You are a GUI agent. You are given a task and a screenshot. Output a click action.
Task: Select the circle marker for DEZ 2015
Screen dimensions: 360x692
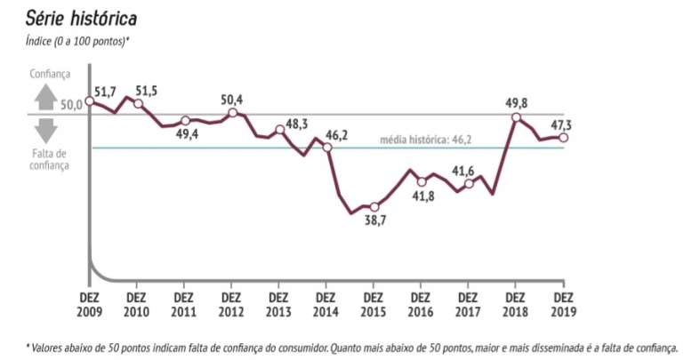tap(374, 207)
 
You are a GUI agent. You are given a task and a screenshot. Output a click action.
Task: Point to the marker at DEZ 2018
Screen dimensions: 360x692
tap(515, 116)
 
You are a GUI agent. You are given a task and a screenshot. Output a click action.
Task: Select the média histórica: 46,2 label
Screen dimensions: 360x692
tap(426, 140)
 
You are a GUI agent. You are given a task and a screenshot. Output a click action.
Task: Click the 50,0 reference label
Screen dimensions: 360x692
tap(71, 104)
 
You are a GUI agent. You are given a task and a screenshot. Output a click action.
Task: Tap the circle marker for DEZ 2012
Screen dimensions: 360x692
tap(232, 113)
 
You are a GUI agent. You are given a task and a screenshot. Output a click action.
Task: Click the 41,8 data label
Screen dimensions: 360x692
tap(421, 196)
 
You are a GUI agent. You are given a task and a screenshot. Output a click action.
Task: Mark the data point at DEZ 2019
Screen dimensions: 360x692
tap(563, 137)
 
